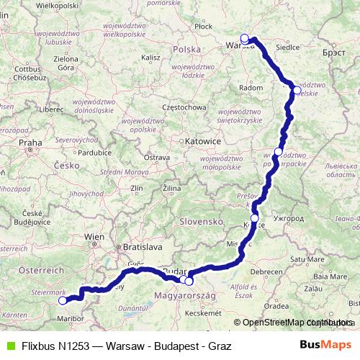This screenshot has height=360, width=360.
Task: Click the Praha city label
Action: [x=31, y=143]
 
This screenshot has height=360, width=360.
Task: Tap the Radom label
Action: [x=251, y=87]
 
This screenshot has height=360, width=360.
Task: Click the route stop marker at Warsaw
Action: [x=245, y=38]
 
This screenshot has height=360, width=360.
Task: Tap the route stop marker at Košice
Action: [x=254, y=217]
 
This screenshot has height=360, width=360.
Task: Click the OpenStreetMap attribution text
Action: [x=276, y=323]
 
